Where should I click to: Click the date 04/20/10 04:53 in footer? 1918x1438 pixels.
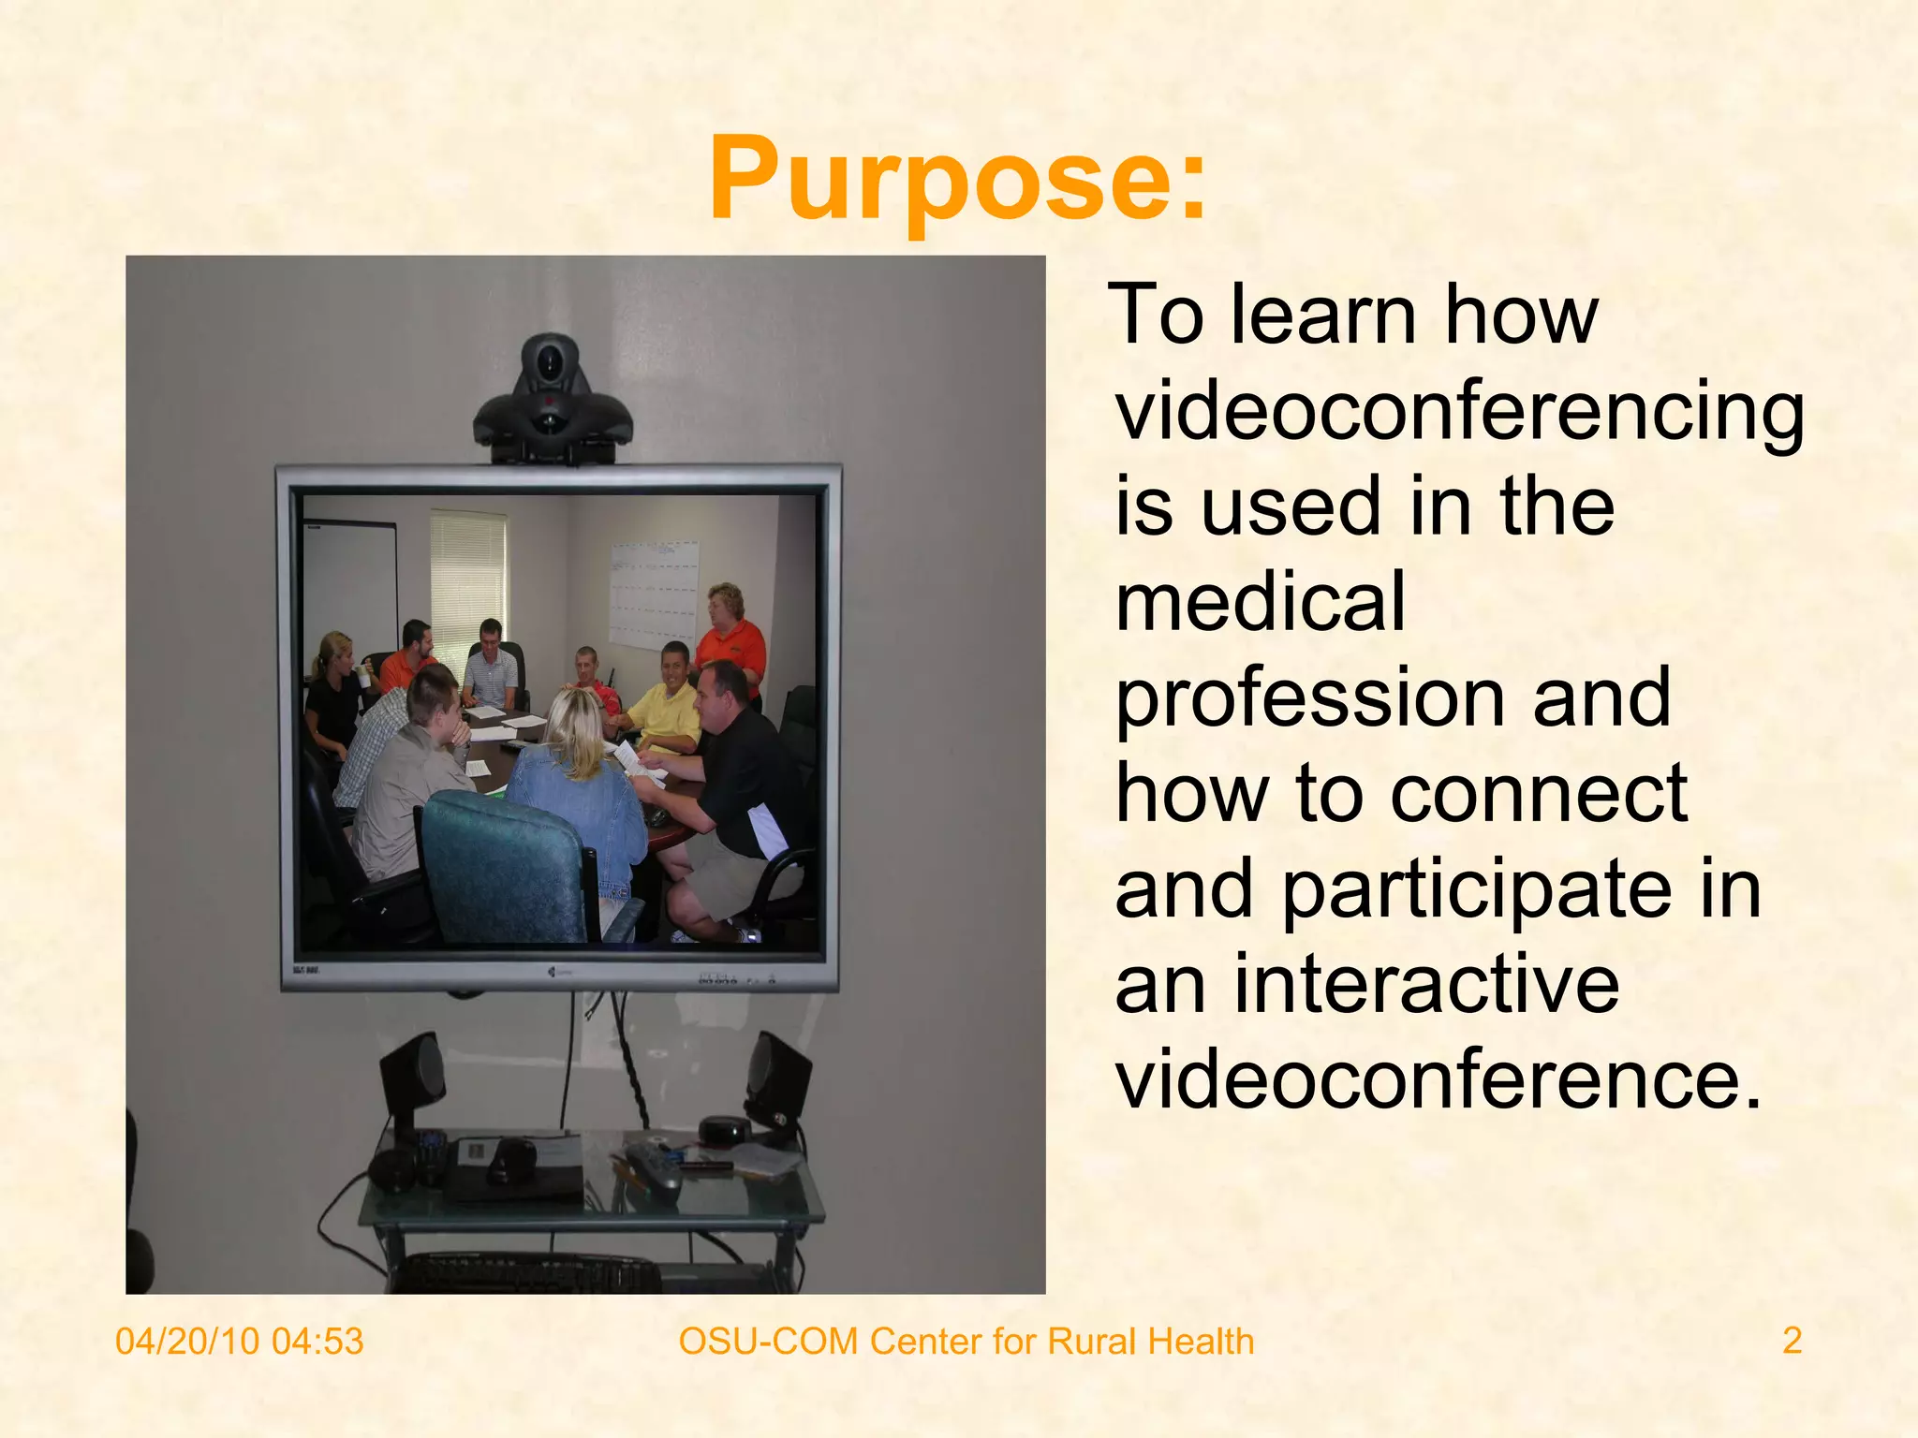click(x=239, y=1341)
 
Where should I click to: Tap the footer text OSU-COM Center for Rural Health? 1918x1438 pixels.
click(x=966, y=1341)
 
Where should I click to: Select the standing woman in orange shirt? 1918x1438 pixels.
click(x=730, y=637)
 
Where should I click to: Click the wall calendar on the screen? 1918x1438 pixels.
click(x=654, y=593)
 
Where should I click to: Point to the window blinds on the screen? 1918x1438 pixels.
click(x=467, y=571)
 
